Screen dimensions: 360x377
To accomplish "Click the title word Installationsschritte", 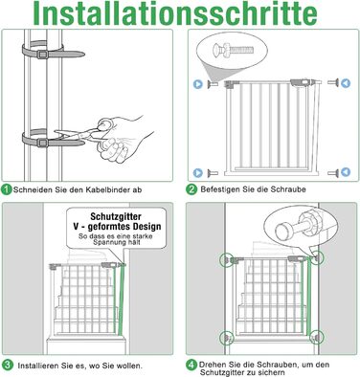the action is point(175,13).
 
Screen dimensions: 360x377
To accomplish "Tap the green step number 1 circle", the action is point(7,189).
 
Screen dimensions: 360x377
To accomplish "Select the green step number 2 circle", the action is point(191,189).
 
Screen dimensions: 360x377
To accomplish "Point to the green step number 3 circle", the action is point(7,365).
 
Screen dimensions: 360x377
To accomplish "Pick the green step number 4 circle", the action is point(191,365).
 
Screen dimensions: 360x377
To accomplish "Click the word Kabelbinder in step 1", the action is point(107,189).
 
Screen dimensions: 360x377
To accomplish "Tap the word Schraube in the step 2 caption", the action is point(288,189).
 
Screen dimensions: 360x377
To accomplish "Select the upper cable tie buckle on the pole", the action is point(42,55).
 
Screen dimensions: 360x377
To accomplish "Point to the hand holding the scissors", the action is point(127,139).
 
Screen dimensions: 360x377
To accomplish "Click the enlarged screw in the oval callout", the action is point(233,50).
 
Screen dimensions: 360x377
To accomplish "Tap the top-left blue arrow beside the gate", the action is point(198,84).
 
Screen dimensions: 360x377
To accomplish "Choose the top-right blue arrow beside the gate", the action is point(346,83).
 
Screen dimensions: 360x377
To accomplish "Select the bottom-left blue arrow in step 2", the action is point(198,173).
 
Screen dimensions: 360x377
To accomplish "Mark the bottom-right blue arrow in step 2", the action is point(346,172).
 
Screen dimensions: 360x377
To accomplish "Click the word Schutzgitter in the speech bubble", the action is point(116,216).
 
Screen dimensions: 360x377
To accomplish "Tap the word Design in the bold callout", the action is point(146,227).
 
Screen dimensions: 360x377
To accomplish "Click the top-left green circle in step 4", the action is point(226,260).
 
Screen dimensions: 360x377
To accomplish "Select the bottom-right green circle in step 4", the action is point(317,337).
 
